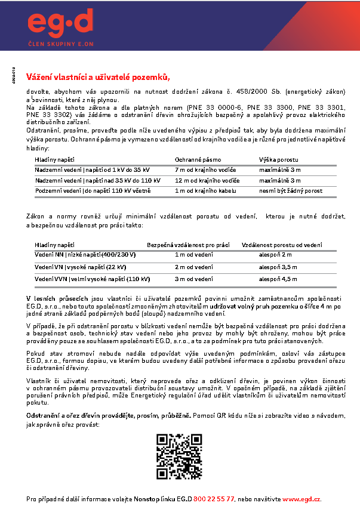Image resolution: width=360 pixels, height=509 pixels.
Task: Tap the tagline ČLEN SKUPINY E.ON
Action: (x=61, y=44)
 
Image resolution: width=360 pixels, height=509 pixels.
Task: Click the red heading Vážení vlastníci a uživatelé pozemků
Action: (x=99, y=77)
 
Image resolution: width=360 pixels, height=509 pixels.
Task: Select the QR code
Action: (x=180, y=456)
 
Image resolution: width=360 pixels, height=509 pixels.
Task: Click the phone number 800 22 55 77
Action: (x=214, y=498)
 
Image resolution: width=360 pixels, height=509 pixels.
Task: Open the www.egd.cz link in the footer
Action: (x=302, y=498)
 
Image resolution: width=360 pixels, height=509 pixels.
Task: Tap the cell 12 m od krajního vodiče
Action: (x=208, y=180)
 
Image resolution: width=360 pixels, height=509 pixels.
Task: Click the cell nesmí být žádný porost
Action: (x=291, y=190)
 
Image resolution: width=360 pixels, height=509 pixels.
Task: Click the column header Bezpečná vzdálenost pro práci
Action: (x=189, y=245)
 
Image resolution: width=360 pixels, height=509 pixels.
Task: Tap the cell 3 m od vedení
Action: (x=193, y=279)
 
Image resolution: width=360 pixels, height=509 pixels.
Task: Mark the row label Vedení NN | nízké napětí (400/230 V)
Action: (x=85, y=255)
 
